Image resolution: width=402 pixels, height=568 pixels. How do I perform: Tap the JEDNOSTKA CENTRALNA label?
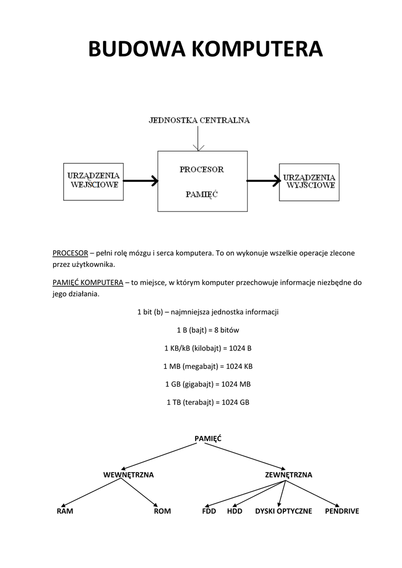[x=199, y=120]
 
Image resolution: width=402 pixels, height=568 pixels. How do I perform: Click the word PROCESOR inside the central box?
[x=201, y=169]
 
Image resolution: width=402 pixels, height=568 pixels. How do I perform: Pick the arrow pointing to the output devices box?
[x=263, y=180]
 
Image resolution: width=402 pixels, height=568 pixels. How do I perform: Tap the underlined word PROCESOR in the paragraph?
[x=70, y=253]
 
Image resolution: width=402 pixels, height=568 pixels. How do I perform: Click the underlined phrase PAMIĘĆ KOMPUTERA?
[x=88, y=282]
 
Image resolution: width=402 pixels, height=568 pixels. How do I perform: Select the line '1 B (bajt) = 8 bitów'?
[x=207, y=330]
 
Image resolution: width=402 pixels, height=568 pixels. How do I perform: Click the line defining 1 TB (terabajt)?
[x=207, y=402]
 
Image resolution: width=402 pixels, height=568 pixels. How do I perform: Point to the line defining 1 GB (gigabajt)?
[x=207, y=384]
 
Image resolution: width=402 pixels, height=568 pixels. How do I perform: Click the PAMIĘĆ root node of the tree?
[x=207, y=438]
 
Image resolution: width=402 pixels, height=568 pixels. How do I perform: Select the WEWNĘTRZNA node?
[x=128, y=475]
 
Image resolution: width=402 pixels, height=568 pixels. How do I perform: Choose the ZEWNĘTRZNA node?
[x=288, y=475]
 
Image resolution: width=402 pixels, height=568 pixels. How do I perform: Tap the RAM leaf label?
[x=65, y=511]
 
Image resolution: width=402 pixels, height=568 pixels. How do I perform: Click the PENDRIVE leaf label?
[x=342, y=511]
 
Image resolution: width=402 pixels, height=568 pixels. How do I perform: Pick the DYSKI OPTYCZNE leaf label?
[x=283, y=511]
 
